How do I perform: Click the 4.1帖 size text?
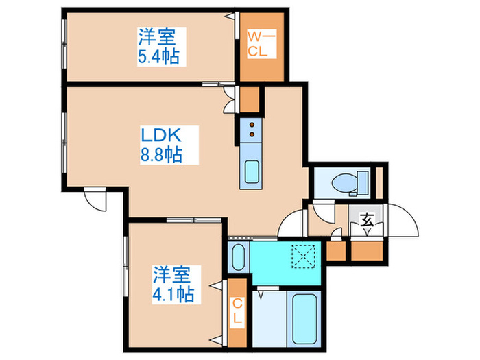pos(173,296)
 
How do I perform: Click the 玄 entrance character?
pos(368,221)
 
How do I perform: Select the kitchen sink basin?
pos(250,172)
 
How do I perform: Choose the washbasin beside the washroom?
pos(237,256)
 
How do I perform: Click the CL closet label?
pos(237,311)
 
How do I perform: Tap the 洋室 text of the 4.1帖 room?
pos(172,276)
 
